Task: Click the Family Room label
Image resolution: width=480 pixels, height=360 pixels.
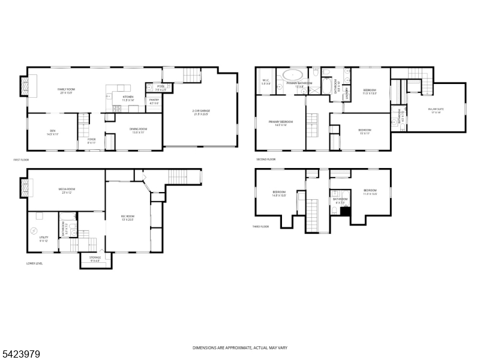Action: coord(66,91)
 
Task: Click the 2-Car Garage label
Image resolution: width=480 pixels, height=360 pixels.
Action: coord(201,112)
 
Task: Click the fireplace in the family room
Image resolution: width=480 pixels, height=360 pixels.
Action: coord(25,86)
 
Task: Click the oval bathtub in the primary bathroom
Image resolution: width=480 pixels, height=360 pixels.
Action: coord(293,76)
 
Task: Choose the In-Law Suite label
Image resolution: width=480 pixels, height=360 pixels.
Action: coord(434,110)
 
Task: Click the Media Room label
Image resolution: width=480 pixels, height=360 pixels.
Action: coord(66,191)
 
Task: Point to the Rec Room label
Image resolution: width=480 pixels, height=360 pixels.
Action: coord(127,217)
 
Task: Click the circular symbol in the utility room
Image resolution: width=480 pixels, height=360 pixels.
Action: coord(34,230)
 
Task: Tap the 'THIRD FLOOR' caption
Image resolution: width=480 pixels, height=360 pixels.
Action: coord(260,227)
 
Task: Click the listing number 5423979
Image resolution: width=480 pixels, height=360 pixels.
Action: coord(21,355)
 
